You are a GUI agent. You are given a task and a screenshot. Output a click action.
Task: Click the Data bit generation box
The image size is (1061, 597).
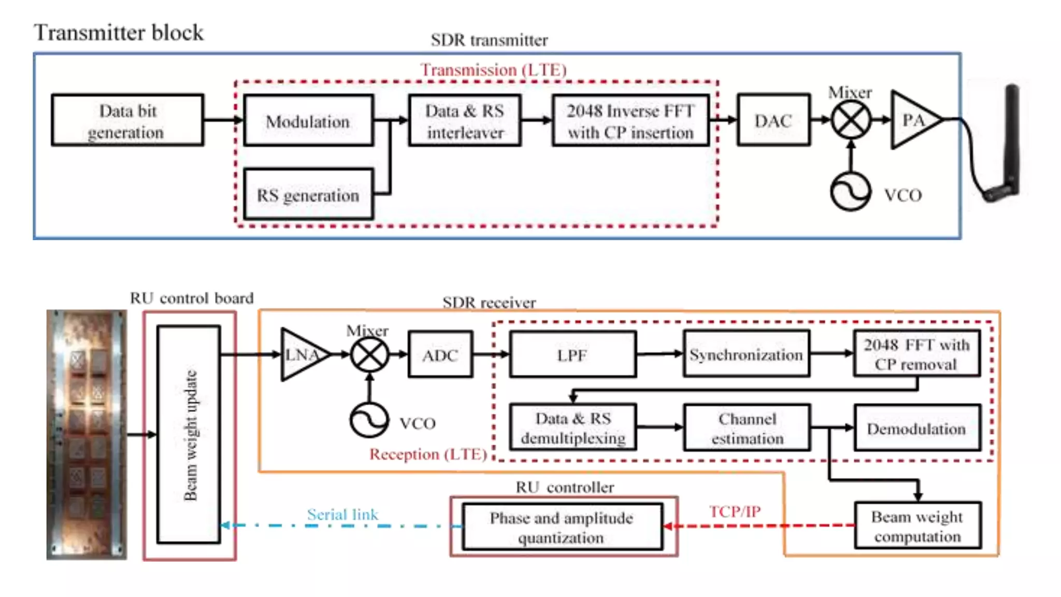(x=127, y=120)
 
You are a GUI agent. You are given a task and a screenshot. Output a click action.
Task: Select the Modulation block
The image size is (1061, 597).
(x=308, y=121)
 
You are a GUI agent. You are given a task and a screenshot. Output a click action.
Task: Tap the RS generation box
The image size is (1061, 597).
(x=308, y=194)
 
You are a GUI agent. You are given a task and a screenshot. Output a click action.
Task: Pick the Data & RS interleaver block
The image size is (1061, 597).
(x=465, y=121)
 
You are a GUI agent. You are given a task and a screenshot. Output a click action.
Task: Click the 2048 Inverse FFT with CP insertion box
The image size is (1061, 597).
(x=630, y=121)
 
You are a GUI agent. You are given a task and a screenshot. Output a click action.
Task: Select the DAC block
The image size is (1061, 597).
(x=773, y=120)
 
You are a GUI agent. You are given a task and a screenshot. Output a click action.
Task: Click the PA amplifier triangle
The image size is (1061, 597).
(x=911, y=120)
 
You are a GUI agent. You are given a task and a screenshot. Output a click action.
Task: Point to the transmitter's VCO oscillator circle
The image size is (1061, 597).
(x=850, y=192)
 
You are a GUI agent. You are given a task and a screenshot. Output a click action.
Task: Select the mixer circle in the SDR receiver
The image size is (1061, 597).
(x=369, y=355)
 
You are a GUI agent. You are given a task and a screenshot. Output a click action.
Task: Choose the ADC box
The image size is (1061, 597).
(x=440, y=355)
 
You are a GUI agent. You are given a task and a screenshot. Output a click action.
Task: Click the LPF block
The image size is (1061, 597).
(x=572, y=355)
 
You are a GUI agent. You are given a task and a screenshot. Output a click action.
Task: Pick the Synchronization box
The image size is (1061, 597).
(x=746, y=354)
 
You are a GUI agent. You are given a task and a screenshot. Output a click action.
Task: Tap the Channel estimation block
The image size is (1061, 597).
(x=747, y=428)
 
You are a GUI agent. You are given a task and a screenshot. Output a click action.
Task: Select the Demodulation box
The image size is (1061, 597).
(x=916, y=429)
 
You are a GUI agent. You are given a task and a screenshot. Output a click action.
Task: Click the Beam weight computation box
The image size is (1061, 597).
(x=917, y=525)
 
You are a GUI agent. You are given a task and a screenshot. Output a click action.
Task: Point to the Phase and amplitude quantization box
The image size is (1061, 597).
(x=562, y=527)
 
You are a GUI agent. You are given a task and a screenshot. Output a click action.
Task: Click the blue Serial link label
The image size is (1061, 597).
(x=342, y=514)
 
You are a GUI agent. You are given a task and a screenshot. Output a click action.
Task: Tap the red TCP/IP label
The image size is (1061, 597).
(x=735, y=511)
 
